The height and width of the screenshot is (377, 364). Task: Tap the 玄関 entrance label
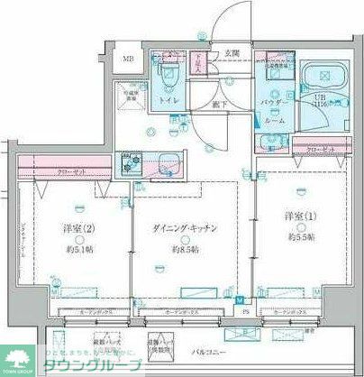pyautogui.click(x=233, y=53)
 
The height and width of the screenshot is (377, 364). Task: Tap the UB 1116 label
pyautogui.click(x=321, y=103)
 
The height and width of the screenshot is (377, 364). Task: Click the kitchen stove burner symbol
pyautogui.click(x=132, y=164)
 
